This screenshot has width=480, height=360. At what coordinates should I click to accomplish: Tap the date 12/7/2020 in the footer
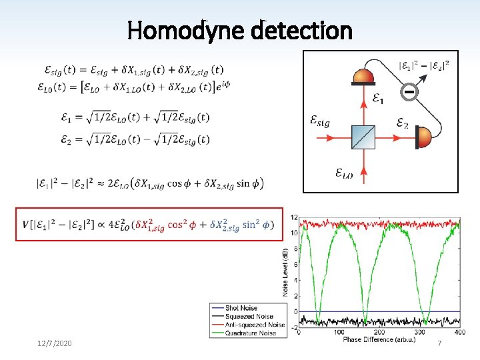[x=55, y=343]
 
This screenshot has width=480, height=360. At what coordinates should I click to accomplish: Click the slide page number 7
[x=439, y=343]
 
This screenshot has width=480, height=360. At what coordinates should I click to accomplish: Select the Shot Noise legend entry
[x=241, y=308]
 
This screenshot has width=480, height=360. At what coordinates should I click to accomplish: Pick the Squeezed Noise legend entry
[x=249, y=316]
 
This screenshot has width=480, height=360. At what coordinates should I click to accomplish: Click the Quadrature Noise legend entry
[x=251, y=333]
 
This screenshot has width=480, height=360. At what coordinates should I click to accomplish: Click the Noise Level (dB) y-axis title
[x=285, y=269]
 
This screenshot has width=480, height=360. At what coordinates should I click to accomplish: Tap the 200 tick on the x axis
[x=380, y=332]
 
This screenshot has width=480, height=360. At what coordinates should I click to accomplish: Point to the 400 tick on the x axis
[x=459, y=332]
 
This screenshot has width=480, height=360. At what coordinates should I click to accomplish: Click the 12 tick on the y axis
[x=294, y=218]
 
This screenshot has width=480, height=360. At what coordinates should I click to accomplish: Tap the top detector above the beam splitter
[x=363, y=76]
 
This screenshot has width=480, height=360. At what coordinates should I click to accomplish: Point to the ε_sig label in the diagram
[x=320, y=121]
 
